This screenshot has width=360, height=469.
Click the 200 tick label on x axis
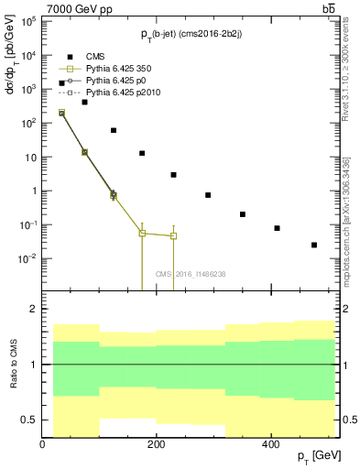pyautogui.click(x=157, y=443)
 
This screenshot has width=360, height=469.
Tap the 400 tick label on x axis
pyautogui.click(x=270, y=443)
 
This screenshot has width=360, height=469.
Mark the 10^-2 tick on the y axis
pyautogui.click(x=28, y=259)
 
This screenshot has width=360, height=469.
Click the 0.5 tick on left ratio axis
pyautogui.click(x=27, y=420)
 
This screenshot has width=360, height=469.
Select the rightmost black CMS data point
pyautogui.click(x=314, y=245)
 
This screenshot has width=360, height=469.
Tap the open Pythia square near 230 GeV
pyautogui.click(x=173, y=235)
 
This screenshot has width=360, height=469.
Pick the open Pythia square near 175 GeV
pyautogui.click(x=142, y=233)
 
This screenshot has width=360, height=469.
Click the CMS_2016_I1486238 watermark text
pyautogui.click(x=190, y=274)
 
